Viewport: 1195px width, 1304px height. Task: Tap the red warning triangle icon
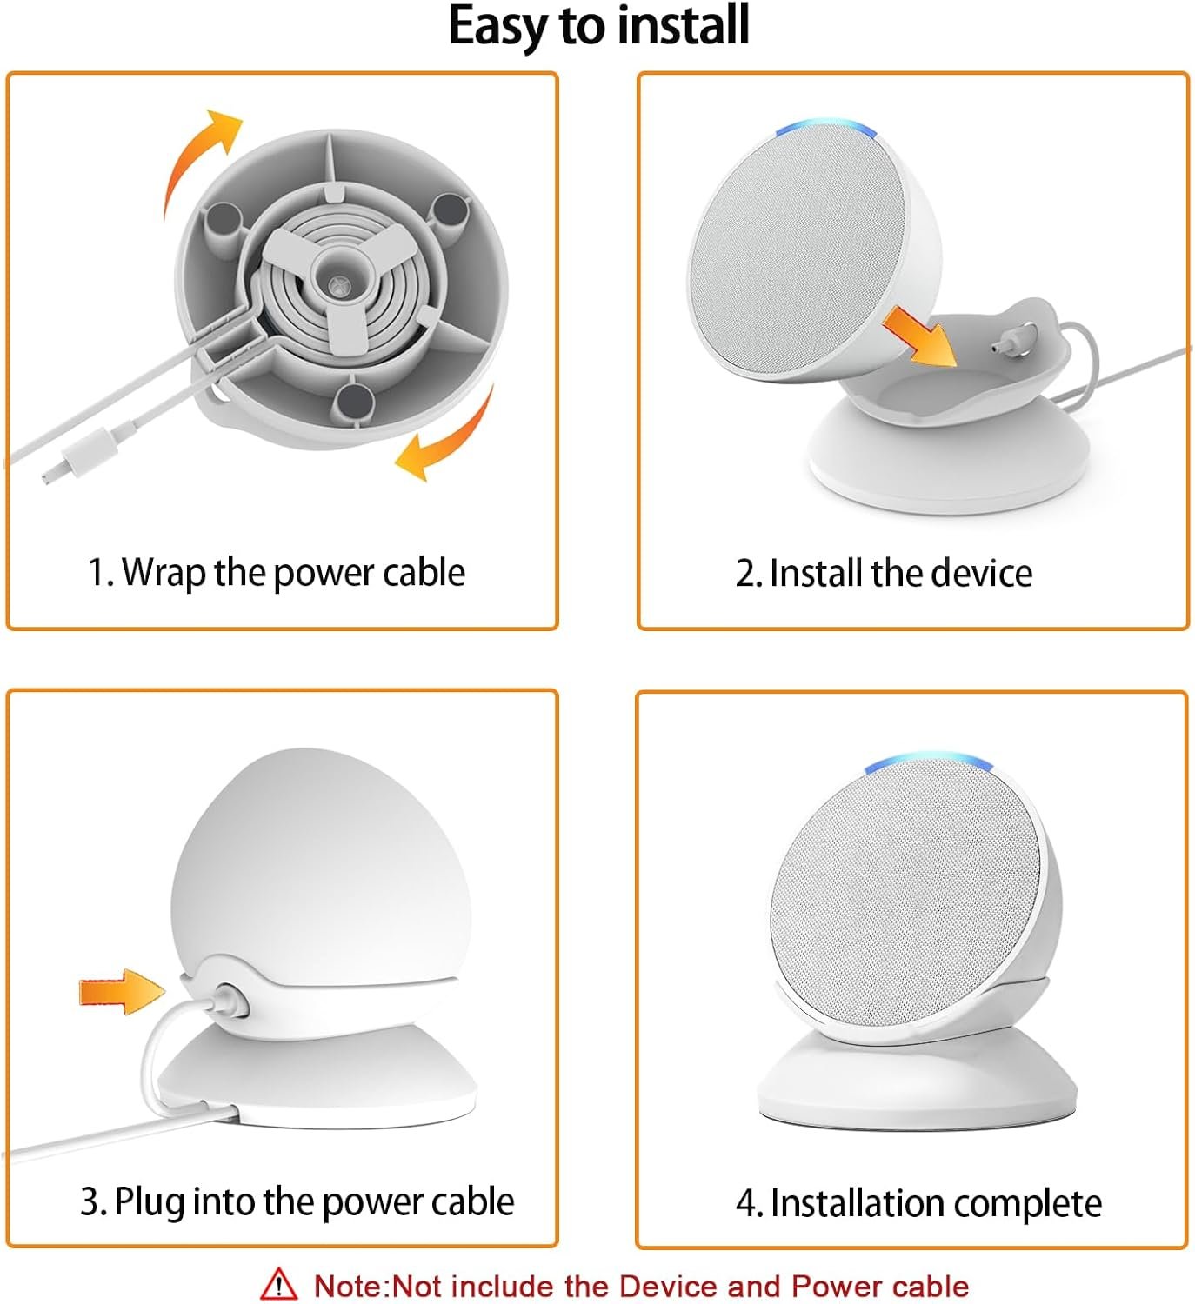278,1285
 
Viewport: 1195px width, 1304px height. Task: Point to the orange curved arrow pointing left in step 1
449,436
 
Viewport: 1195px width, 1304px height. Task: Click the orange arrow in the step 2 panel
919,336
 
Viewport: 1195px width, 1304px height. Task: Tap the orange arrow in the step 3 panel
122,991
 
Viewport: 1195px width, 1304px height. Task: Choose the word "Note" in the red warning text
350,1286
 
